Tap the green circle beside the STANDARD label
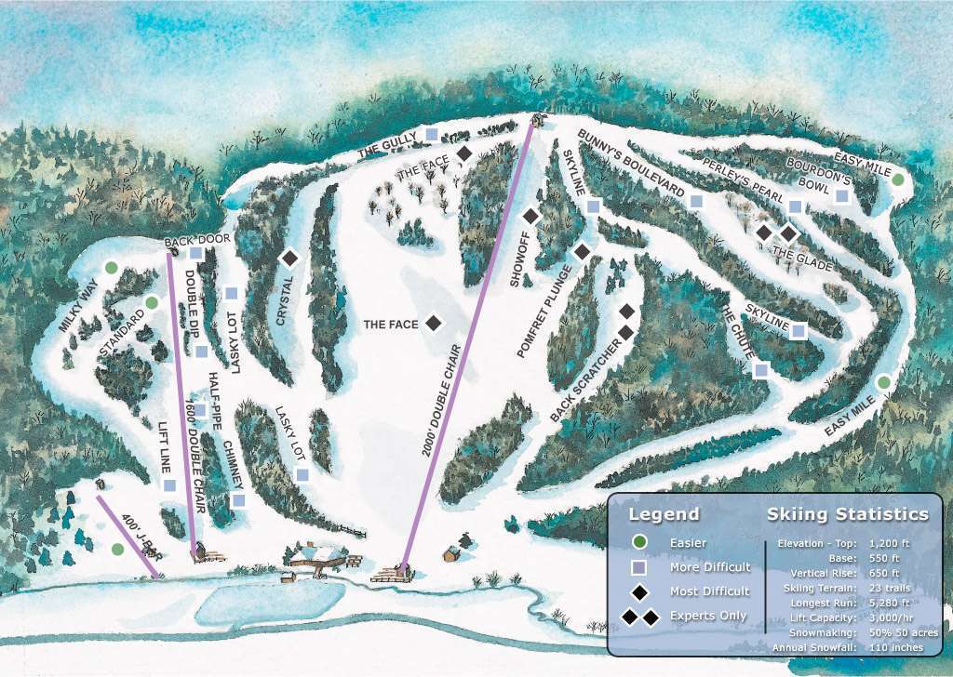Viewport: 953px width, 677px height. (151, 302)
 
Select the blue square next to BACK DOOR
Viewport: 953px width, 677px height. (196, 253)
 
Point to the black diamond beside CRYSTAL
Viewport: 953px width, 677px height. (289, 258)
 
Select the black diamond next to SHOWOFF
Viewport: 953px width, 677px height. (530, 216)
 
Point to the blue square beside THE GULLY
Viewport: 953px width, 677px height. (432, 135)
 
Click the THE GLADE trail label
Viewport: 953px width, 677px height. (796, 255)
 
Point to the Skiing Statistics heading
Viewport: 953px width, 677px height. (847, 514)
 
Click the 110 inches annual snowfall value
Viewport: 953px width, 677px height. (895, 647)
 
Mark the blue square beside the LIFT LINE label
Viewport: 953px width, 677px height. (169, 485)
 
